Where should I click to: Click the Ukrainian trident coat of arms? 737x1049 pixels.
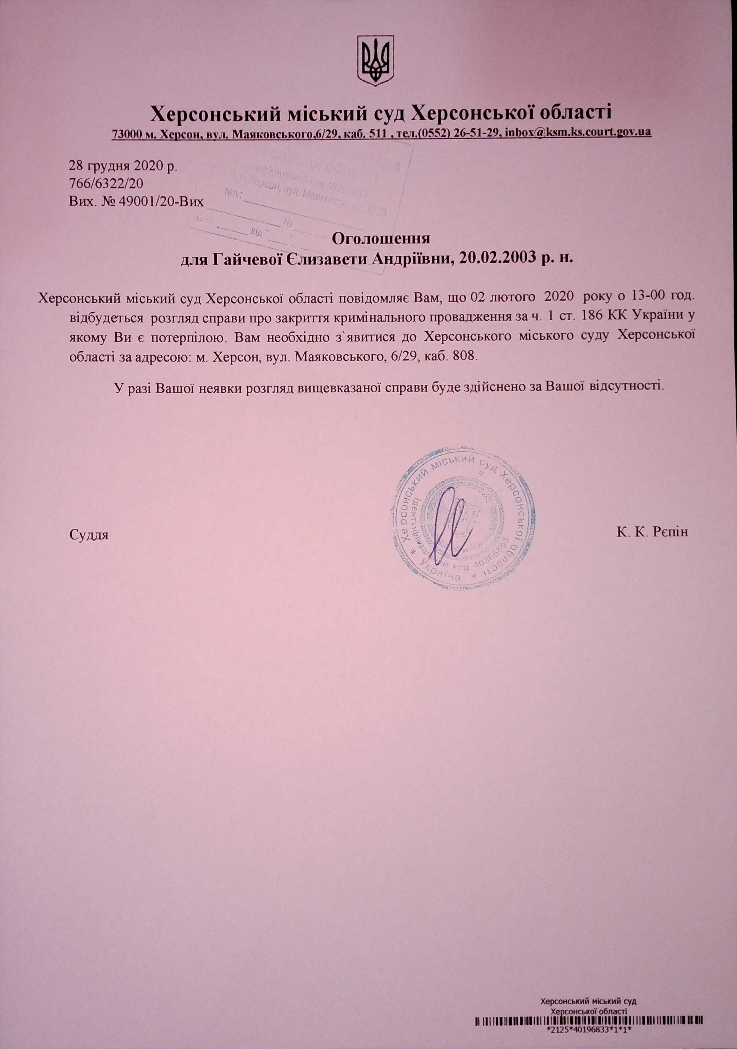[375, 61]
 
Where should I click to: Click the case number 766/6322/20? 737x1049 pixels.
[106, 183]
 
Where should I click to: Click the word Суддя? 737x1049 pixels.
[89, 534]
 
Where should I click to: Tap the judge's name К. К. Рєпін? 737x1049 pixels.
[652, 532]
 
